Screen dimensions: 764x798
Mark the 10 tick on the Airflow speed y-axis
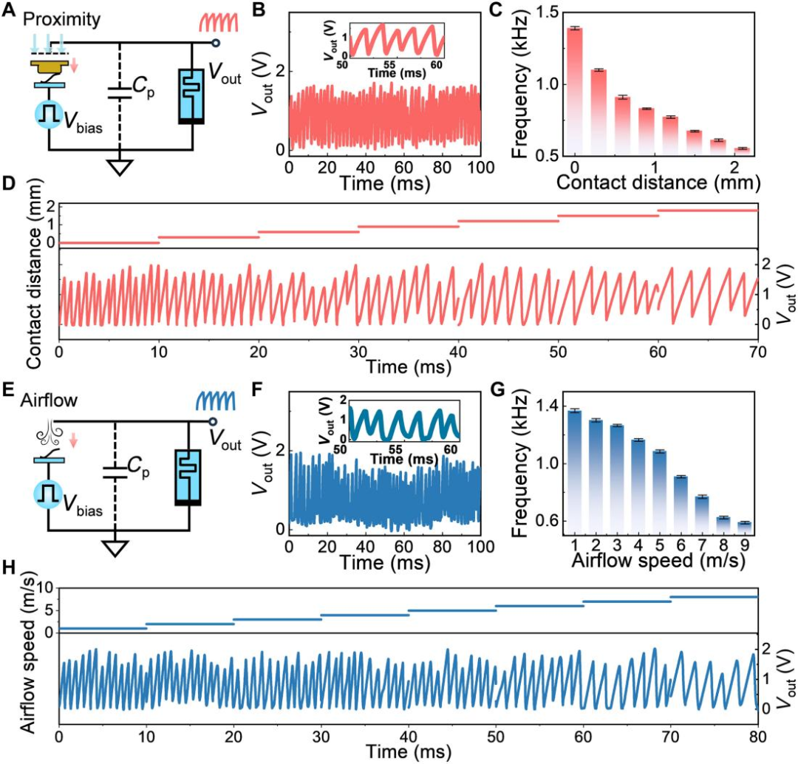point(46,588)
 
